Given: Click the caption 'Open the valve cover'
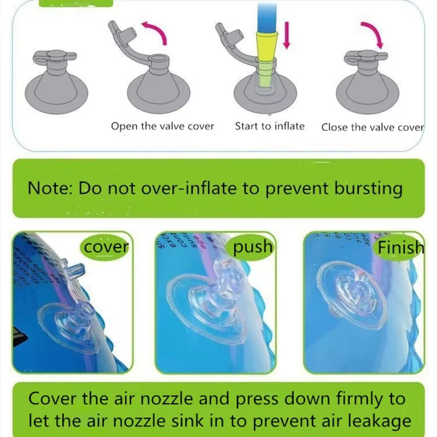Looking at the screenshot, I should (163, 126).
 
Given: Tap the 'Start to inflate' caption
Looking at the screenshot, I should (270, 126).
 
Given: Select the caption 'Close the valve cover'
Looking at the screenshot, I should (373, 127).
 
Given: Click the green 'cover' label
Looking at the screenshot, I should (105, 247).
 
